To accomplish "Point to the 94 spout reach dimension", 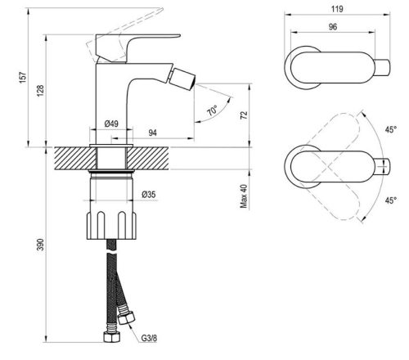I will (x=153, y=131).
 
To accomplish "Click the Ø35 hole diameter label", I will (x=149, y=194).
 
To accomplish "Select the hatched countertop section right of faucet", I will (x=180, y=155).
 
